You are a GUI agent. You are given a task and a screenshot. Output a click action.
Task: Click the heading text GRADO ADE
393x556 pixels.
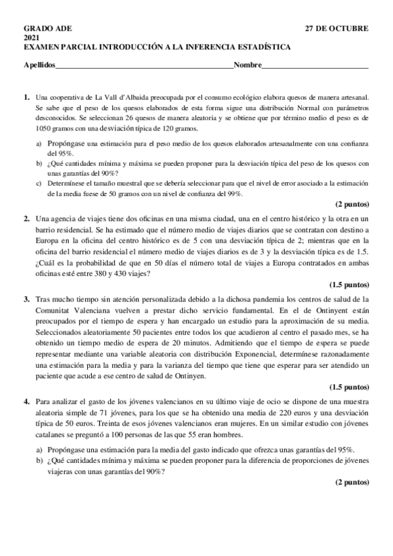coord(48,29)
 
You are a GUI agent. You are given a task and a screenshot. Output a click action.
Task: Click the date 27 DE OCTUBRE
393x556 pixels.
coord(337,29)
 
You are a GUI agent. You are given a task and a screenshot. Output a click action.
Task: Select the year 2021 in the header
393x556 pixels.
coord(31,38)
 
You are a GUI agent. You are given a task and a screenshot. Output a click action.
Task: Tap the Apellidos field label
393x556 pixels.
coord(39,65)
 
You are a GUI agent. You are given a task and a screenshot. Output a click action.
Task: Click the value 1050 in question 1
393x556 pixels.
coord(46,128)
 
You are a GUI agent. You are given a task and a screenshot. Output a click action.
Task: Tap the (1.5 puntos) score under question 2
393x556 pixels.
coord(348,285)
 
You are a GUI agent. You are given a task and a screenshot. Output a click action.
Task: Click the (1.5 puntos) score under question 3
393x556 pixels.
coord(348,386)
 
